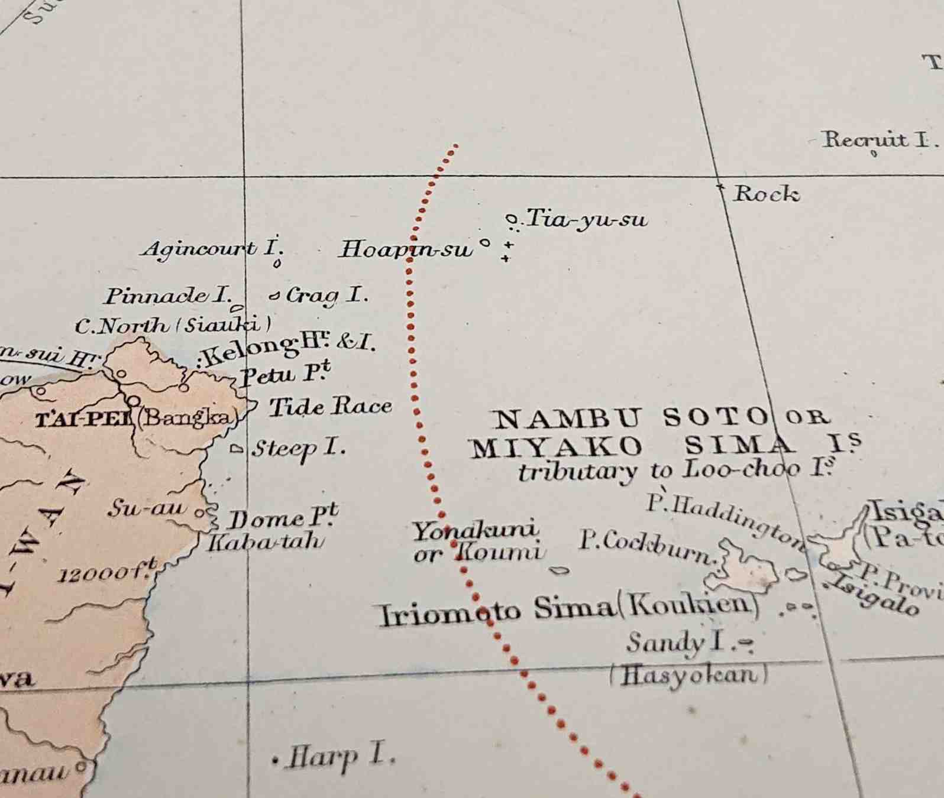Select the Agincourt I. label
(211, 248)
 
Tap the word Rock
(767, 193)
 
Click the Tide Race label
(331, 407)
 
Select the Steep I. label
(298, 449)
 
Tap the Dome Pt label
(283, 518)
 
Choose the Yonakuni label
(476, 530)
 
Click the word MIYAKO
(557, 447)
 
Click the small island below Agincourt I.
(277, 264)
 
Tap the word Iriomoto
(449, 613)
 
